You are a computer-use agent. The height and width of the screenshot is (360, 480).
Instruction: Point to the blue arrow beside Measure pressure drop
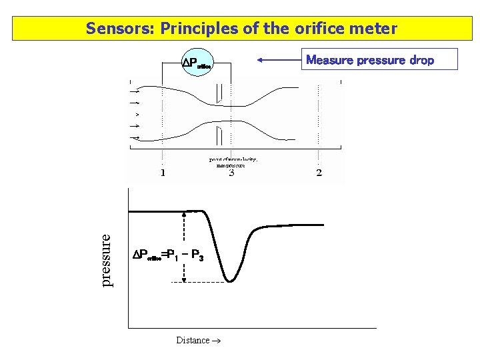(x=279, y=60)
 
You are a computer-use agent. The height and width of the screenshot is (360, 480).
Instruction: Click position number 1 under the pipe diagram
(x=163, y=173)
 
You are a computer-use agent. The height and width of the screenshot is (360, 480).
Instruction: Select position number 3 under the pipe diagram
(x=231, y=173)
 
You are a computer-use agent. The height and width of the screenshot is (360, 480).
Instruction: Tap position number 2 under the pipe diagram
(x=319, y=173)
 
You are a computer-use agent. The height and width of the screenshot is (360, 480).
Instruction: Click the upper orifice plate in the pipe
(x=219, y=95)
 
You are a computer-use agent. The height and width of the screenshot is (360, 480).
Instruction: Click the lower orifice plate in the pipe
(x=218, y=136)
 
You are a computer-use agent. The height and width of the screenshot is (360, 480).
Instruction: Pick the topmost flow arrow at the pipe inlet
(x=136, y=91)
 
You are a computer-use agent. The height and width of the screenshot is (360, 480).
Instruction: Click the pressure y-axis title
(x=107, y=259)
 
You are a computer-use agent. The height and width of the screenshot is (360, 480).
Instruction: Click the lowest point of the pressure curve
(x=230, y=281)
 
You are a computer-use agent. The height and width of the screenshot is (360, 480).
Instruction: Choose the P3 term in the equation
(x=197, y=255)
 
